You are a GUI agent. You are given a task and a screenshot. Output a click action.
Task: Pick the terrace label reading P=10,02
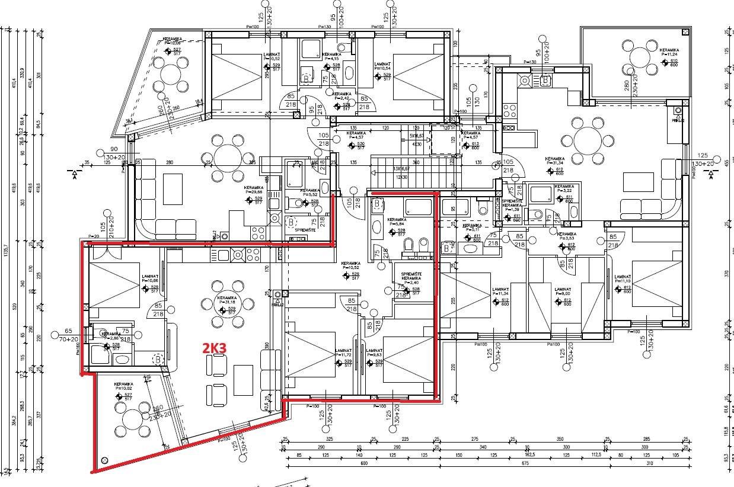(x=123, y=389)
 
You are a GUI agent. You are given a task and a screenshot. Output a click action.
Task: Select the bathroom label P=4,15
(x=331, y=59)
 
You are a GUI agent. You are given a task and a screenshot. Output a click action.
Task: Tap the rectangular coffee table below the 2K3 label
(x=243, y=380)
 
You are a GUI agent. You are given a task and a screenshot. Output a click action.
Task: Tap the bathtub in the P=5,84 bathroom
(x=419, y=207)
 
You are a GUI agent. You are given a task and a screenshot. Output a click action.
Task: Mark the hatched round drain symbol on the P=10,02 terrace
(x=105, y=460)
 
